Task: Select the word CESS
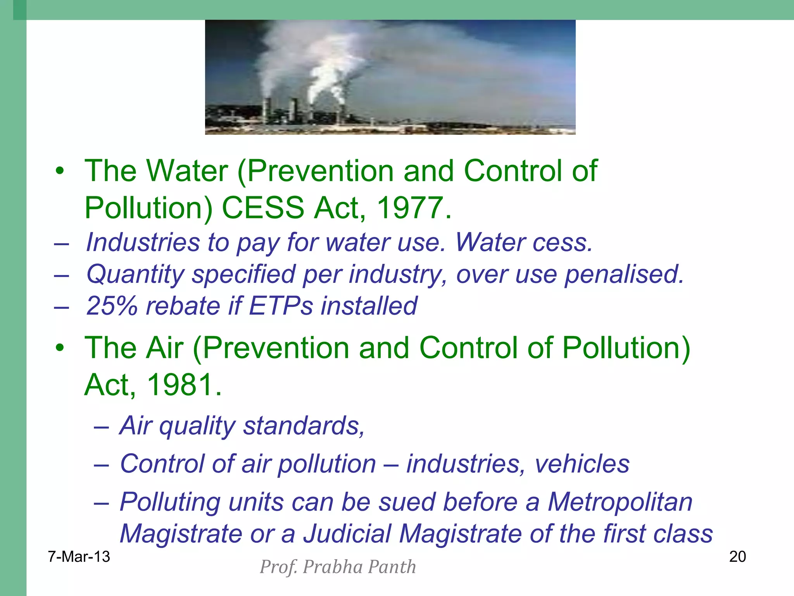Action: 263,208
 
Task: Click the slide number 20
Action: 737,557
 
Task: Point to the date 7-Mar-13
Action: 79,557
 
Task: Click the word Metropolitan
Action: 620,502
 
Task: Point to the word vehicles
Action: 582,464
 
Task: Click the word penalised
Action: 624,274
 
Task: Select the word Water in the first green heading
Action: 187,171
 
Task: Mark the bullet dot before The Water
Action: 59,171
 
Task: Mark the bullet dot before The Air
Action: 59,348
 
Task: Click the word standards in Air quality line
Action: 304,426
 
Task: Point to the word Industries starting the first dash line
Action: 143,243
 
